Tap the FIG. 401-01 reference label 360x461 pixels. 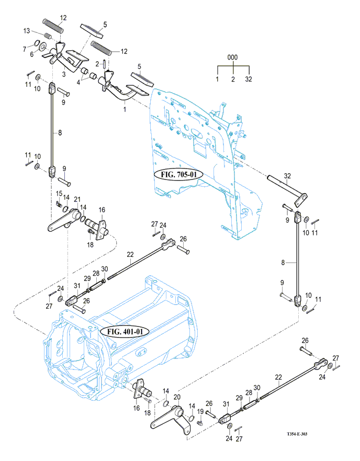125,331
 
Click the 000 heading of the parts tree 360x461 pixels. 233,57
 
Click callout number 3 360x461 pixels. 64,74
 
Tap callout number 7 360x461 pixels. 24,48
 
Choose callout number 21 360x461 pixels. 77,199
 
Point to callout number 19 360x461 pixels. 200,411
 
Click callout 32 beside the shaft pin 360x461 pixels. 287,176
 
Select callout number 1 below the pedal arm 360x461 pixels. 124,110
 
